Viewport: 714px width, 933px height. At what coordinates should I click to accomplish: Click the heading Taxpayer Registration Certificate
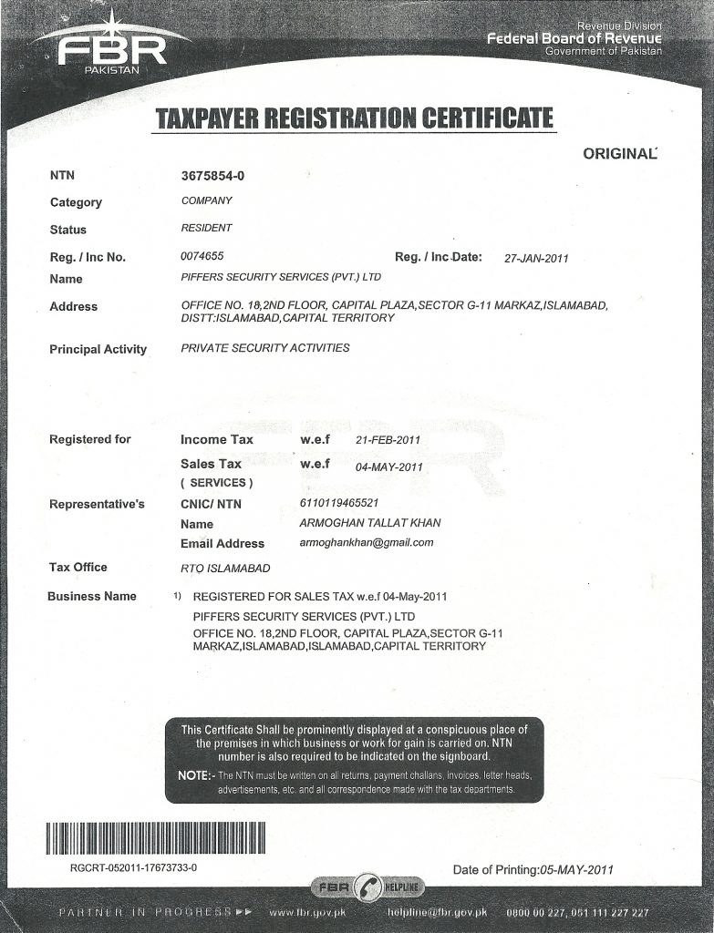(x=355, y=118)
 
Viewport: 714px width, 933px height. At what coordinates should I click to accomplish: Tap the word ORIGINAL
(x=619, y=154)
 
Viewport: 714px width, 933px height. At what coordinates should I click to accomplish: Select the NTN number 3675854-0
(x=213, y=174)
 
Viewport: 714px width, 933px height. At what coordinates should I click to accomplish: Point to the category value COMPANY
(x=206, y=200)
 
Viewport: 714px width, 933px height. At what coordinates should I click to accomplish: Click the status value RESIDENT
(x=206, y=228)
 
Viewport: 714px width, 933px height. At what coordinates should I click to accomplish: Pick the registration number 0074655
(x=202, y=256)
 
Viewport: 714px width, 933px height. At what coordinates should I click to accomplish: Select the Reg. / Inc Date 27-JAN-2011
(x=536, y=258)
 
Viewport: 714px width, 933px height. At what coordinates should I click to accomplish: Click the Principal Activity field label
(x=98, y=349)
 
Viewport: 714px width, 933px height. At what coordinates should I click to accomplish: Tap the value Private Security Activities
(x=265, y=348)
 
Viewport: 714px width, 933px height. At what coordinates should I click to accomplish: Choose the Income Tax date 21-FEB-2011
(x=387, y=440)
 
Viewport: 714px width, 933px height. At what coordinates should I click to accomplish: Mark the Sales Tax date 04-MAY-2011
(x=389, y=466)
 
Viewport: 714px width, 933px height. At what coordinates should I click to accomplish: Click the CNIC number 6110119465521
(x=338, y=503)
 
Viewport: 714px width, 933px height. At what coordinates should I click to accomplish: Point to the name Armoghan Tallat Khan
(x=369, y=523)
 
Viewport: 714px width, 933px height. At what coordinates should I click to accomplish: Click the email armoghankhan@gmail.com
(x=366, y=542)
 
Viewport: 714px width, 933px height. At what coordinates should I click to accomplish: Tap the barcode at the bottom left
(x=156, y=837)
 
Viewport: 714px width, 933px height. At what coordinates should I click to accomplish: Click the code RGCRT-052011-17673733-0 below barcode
(x=133, y=867)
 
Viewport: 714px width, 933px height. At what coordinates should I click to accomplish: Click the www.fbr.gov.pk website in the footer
(x=307, y=912)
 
